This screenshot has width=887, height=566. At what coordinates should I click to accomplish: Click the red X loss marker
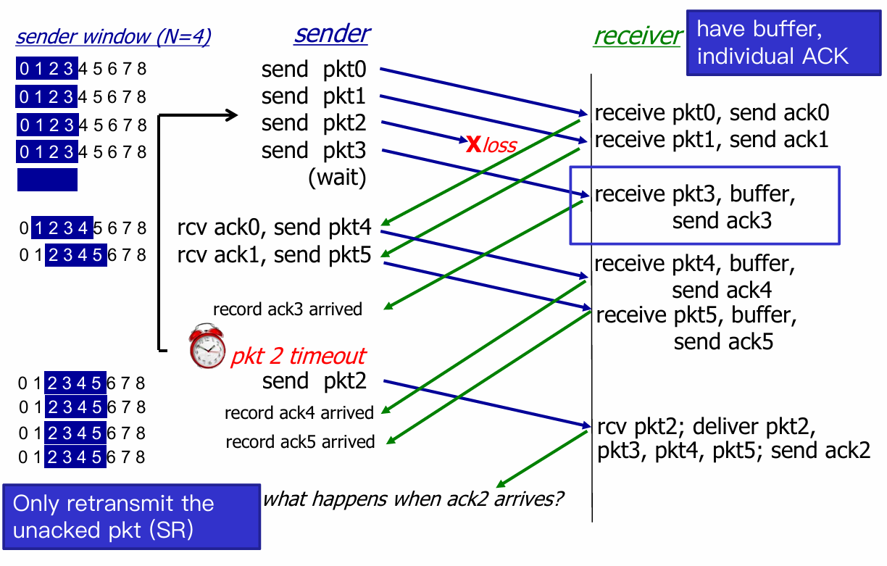tap(472, 144)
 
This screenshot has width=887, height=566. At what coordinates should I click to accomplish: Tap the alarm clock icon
tap(207, 346)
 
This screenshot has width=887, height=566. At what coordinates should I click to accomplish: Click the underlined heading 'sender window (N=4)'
tap(113, 37)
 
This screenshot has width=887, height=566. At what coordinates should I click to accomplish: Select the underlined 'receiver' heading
tap(637, 36)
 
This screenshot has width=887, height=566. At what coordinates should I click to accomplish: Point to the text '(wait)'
tap(337, 178)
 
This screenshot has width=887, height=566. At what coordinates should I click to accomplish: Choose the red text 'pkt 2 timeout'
tap(298, 356)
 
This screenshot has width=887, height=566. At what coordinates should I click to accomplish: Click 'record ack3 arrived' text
tap(288, 309)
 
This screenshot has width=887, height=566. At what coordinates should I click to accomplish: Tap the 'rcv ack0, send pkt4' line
tap(274, 228)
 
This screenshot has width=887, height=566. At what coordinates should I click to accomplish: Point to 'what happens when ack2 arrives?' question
tap(413, 499)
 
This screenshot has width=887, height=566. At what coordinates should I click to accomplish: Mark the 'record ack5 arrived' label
tap(300, 442)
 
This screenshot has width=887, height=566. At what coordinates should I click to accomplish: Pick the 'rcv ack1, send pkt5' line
tap(274, 255)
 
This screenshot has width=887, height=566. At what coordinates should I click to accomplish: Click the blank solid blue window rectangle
tap(47, 179)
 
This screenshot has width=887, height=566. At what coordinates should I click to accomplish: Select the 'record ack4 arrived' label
tap(299, 413)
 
